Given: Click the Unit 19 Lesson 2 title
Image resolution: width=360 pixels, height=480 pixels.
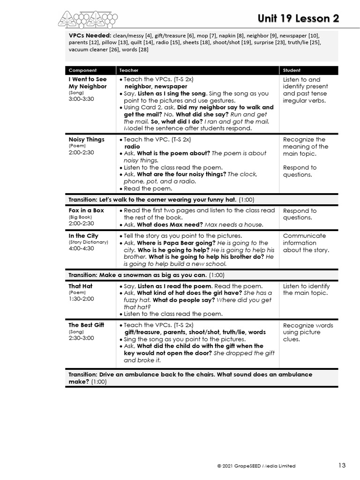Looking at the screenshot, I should tap(298, 18).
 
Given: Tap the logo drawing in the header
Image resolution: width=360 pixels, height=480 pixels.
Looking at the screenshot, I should tap(88, 19).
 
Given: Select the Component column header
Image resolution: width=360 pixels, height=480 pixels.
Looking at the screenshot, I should tap(82, 70).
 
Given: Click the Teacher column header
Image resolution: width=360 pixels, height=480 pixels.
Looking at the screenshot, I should tap(129, 70).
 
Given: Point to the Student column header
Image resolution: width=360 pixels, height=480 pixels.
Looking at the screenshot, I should tap(292, 70).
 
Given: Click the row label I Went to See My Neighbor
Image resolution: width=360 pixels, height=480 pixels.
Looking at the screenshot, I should tap(88, 83).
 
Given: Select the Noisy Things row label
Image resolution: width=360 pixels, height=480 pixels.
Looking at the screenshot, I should tap(87, 140).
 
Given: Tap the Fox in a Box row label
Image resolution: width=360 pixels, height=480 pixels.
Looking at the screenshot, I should tap(86, 210).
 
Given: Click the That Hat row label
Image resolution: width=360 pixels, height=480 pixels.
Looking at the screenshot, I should tap(81, 286).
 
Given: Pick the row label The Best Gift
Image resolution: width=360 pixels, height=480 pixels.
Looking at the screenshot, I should tap(86, 325).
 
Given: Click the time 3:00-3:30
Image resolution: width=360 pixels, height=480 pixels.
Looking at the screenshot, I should tap(81, 99).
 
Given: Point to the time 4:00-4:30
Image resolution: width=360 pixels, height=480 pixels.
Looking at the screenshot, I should tap(81, 248).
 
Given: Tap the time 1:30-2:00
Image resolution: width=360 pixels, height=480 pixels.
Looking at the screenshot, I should tap(81, 299).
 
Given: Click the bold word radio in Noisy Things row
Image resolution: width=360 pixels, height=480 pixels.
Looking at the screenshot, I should tap(132, 146).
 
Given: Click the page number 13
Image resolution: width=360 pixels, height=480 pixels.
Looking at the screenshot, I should tap(342, 465).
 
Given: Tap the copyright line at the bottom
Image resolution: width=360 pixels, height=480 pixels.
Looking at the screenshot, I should tap(256, 466).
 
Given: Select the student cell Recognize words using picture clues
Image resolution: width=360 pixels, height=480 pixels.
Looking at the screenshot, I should tap(308, 332).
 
